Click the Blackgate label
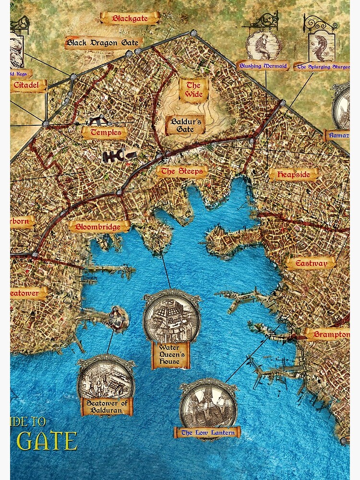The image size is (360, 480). (129, 19)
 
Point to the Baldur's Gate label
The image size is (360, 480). (185, 125)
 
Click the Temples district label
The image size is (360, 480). (106, 132)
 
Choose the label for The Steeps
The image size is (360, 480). (182, 171)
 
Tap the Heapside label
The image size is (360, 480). (293, 175)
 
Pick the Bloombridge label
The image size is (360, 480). (99, 227)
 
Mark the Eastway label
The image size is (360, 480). (311, 263)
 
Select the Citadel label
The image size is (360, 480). (28, 86)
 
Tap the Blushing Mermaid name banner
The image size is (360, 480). (263, 66)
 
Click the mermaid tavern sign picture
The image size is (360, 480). (263, 45)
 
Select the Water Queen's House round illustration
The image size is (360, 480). (171, 316)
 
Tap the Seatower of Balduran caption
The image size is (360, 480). (106, 407)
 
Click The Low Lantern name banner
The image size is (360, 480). (208, 433)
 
